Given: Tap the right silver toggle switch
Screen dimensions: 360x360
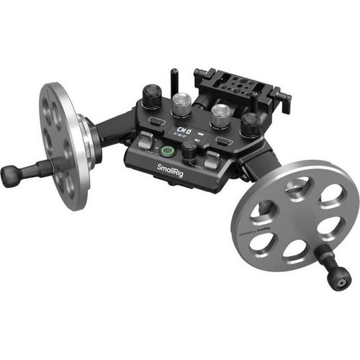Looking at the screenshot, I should click(212, 160).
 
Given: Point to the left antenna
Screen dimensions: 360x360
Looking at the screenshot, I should click(174, 78).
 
